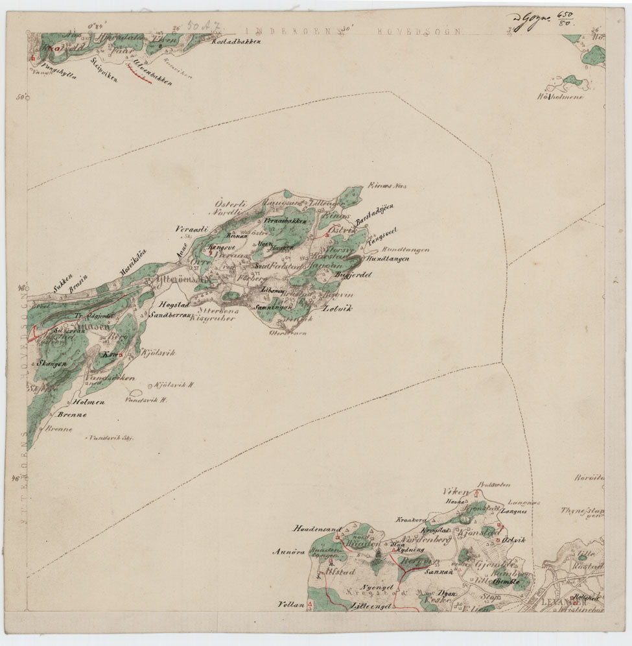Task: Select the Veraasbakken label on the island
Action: pyautogui.click(x=285, y=221)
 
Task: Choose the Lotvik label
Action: pyautogui.click(x=336, y=309)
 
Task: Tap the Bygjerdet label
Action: pyautogui.click(x=351, y=275)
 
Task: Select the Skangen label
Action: pyautogui.click(x=52, y=365)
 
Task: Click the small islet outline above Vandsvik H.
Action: pyautogui.click(x=137, y=393)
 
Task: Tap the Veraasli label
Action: pyautogui.click(x=191, y=230)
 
